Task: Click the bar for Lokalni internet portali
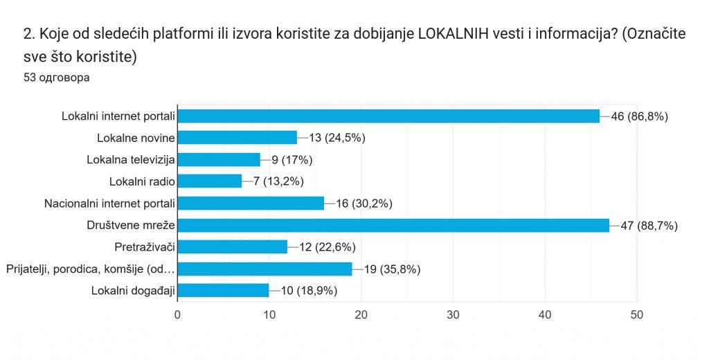388,116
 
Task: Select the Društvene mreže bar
393,225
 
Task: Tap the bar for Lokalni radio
210,181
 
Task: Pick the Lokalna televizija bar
219,160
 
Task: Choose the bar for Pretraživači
233,246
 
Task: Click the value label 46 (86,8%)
639,116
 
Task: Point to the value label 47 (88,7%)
649,225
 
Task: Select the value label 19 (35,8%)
392,269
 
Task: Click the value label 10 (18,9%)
309,290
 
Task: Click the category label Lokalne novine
136,138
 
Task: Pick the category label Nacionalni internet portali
109,204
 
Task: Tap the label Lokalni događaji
132,290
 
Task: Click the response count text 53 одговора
56,78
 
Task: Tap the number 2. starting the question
29,34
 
